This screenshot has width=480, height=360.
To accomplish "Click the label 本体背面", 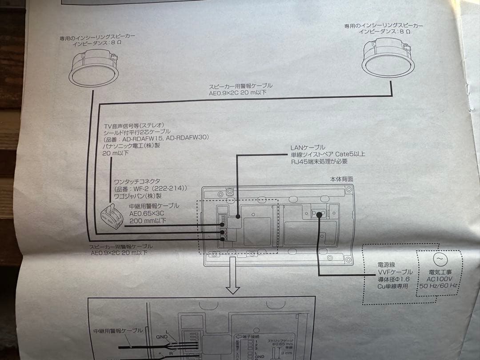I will pos(342,179).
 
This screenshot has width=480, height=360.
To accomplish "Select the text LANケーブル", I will pos(308,147).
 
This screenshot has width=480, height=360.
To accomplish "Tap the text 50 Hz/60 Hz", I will pos(439,285).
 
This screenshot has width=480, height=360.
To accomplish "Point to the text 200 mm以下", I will pos(148,220).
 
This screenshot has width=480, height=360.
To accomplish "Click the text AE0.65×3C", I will pos(147,213).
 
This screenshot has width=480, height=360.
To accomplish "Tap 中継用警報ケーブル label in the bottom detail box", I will pos(118,331).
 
